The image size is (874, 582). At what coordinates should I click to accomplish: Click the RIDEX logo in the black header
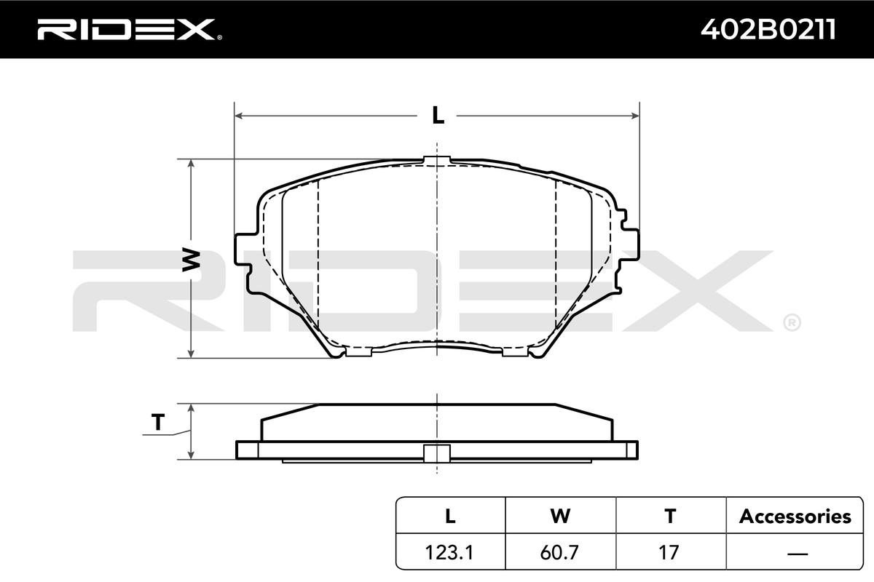click(130, 29)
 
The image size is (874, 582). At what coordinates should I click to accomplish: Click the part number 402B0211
click(768, 30)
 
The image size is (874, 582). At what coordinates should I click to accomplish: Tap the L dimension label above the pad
click(438, 116)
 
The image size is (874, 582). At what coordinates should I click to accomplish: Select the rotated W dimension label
click(191, 259)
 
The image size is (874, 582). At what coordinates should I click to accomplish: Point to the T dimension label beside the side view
click(158, 422)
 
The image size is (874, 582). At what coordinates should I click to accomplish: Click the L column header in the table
click(450, 516)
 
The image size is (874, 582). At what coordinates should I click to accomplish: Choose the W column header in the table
click(560, 516)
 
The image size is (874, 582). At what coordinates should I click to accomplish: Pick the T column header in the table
click(670, 516)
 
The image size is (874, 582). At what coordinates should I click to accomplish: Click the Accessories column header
click(795, 517)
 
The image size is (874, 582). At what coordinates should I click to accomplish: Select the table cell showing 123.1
click(449, 552)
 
